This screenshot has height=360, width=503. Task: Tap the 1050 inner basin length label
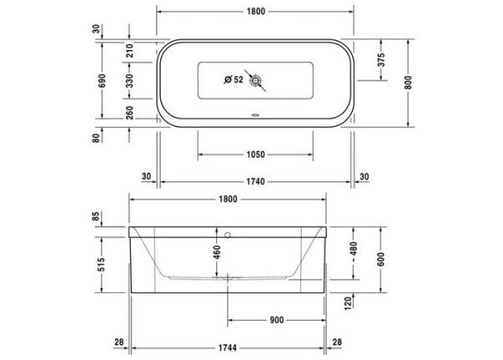[256, 154]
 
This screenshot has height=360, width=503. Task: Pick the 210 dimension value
[130, 50]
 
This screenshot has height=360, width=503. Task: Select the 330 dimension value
[130, 81]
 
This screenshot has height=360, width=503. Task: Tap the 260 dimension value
[130, 113]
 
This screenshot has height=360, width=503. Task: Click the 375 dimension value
[381, 60]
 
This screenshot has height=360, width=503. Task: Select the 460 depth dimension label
[217, 250]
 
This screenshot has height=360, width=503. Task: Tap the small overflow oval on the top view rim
[255, 117]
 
